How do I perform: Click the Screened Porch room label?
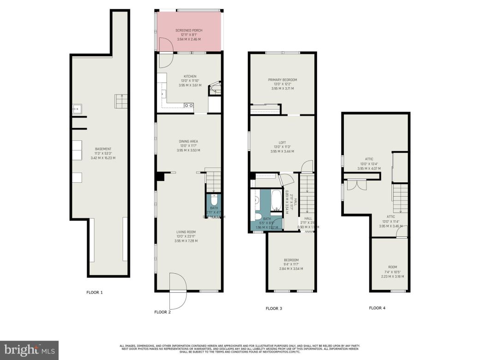tap(189, 30)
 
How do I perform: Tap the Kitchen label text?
tap(190, 77)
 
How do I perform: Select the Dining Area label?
tap(189, 141)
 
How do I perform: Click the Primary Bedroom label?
tap(282, 80)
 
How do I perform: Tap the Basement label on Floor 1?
tap(103, 149)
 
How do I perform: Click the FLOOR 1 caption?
tap(95, 292)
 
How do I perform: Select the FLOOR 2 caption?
tap(162, 312)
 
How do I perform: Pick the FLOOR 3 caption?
tap(274, 308)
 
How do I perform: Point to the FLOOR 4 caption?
tap(377, 308)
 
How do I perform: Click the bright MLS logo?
tap(29, 350)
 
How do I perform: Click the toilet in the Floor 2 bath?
tap(213, 201)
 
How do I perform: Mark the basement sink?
tap(77, 109)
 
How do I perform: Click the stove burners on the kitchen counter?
tap(188, 106)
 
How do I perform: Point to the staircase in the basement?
tap(121, 101)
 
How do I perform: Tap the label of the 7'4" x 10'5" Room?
tap(392, 267)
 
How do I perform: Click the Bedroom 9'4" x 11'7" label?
tap(291, 260)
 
